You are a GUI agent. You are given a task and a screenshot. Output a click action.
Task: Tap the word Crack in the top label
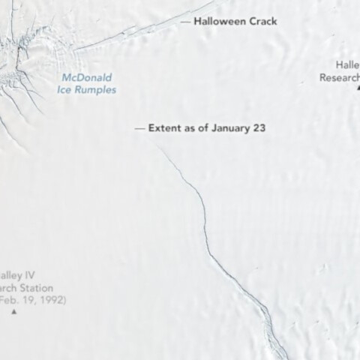pos(260,22)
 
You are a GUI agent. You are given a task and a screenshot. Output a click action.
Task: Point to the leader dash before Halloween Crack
pos(185,22)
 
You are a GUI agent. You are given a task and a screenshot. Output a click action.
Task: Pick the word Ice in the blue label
pos(66,90)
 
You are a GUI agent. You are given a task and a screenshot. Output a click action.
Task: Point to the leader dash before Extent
pos(139,128)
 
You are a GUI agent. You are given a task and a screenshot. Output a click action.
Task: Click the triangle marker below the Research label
pos(358,88)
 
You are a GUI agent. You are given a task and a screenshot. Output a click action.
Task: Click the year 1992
pos(52,300)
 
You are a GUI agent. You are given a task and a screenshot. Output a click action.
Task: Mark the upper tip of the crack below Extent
pos(158,146)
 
